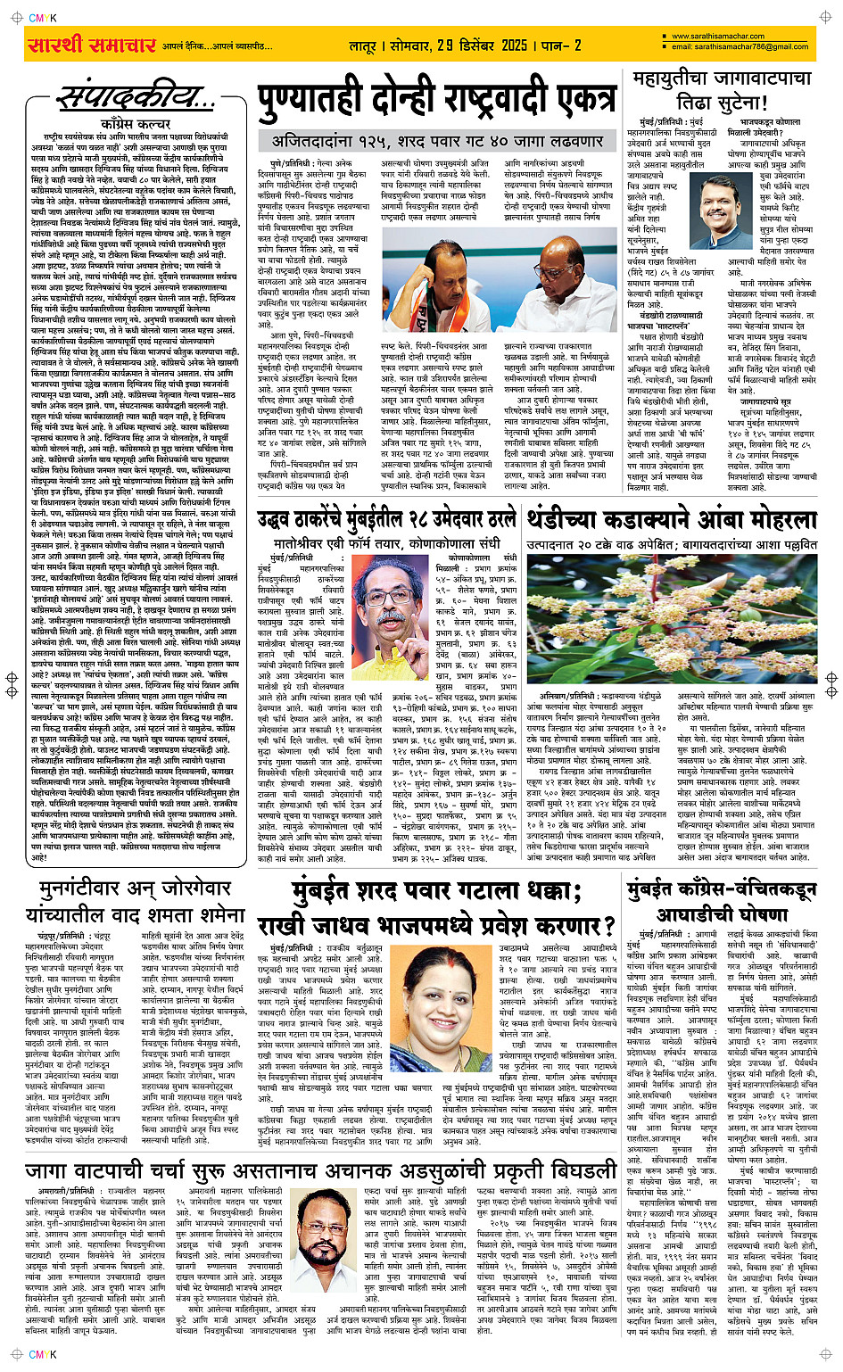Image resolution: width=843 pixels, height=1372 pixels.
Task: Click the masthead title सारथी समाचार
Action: pyautogui.click(x=93, y=45)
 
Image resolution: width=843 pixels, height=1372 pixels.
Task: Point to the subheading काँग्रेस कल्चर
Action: pyautogui.click(x=136, y=124)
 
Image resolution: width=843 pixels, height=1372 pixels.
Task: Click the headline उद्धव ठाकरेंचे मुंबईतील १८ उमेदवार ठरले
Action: pyautogui.click(x=386, y=519)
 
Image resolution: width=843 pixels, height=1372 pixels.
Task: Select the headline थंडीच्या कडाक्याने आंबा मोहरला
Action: pyautogui.click(x=671, y=519)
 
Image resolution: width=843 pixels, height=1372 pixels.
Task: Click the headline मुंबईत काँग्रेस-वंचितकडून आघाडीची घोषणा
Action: pyautogui.click(x=721, y=901)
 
